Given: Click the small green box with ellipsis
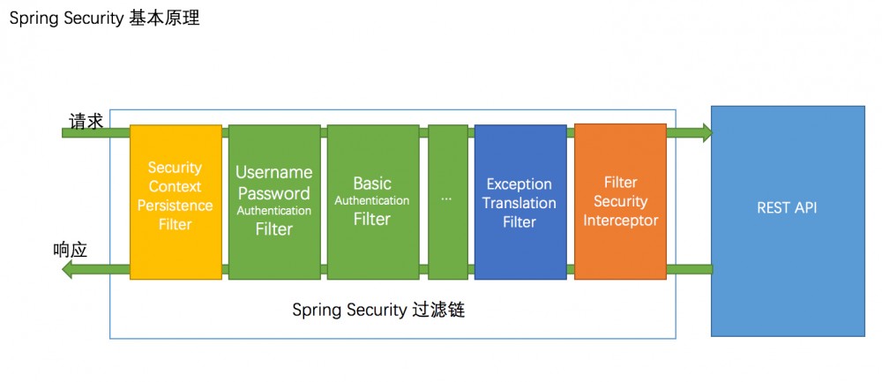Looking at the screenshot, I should [447, 201].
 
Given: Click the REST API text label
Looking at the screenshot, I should [787, 208].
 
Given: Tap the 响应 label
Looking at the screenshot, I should [71, 250].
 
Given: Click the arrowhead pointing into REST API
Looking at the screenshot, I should [705, 132].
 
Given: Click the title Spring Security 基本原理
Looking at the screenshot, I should [104, 18].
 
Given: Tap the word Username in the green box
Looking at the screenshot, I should [273, 173].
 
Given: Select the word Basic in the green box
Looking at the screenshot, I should [372, 184].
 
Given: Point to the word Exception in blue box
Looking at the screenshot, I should [519, 184].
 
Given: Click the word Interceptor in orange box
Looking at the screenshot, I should [620, 221].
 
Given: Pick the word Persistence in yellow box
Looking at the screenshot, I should [175, 206].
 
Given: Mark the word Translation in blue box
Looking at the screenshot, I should [519, 203].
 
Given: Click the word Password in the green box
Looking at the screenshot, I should [273, 192].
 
